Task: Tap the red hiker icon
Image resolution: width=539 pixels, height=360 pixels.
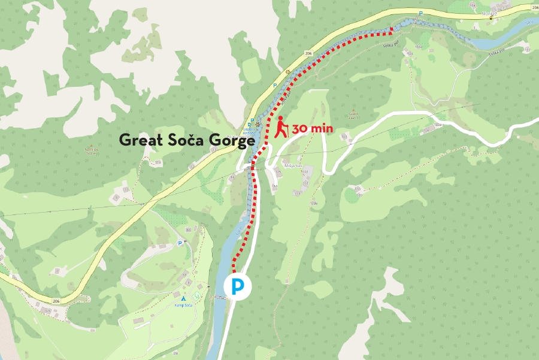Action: pyautogui.click(x=281, y=127)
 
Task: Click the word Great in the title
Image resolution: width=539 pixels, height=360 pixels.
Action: pyautogui.click(x=141, y=140)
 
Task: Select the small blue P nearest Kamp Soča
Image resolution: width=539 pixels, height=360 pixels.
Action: pyautogui.click(x=180, y=244)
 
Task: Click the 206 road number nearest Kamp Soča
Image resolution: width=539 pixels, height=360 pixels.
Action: pyautogui.click(x=57, y=301)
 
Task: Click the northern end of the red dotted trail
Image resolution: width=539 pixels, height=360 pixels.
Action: pyautogui.click(x=392, y=29)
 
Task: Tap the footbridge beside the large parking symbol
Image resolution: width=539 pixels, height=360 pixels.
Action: pyautogui.click(x=221, y=294)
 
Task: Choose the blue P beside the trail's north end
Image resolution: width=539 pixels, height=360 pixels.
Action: pyautogui.click(x=420, y=13)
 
